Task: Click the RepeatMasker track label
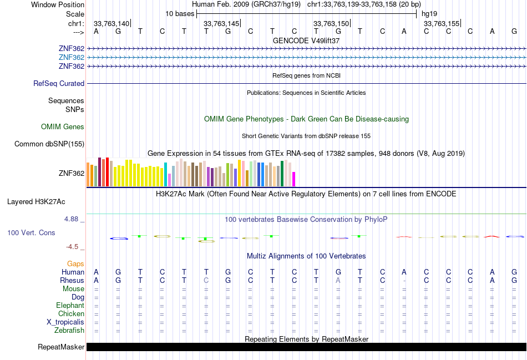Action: [61, 347]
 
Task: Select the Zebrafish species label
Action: [69, 331]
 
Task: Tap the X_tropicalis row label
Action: [65, 322]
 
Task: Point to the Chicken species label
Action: [71, 314]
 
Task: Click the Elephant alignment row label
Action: [70, 306]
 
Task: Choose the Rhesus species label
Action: [72, 281]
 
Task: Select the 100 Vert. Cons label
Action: [31, 233]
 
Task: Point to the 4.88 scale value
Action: [72, 219]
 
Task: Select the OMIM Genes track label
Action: [63, 127]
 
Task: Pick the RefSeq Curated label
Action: [59, 84]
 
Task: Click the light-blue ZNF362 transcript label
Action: [71, 58]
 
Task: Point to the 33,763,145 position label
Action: [221, 23]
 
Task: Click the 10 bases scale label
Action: [179, 13]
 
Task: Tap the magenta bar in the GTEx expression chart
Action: [294, 179]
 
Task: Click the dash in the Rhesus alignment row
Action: [404, 281]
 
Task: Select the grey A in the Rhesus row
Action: [338, 281]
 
